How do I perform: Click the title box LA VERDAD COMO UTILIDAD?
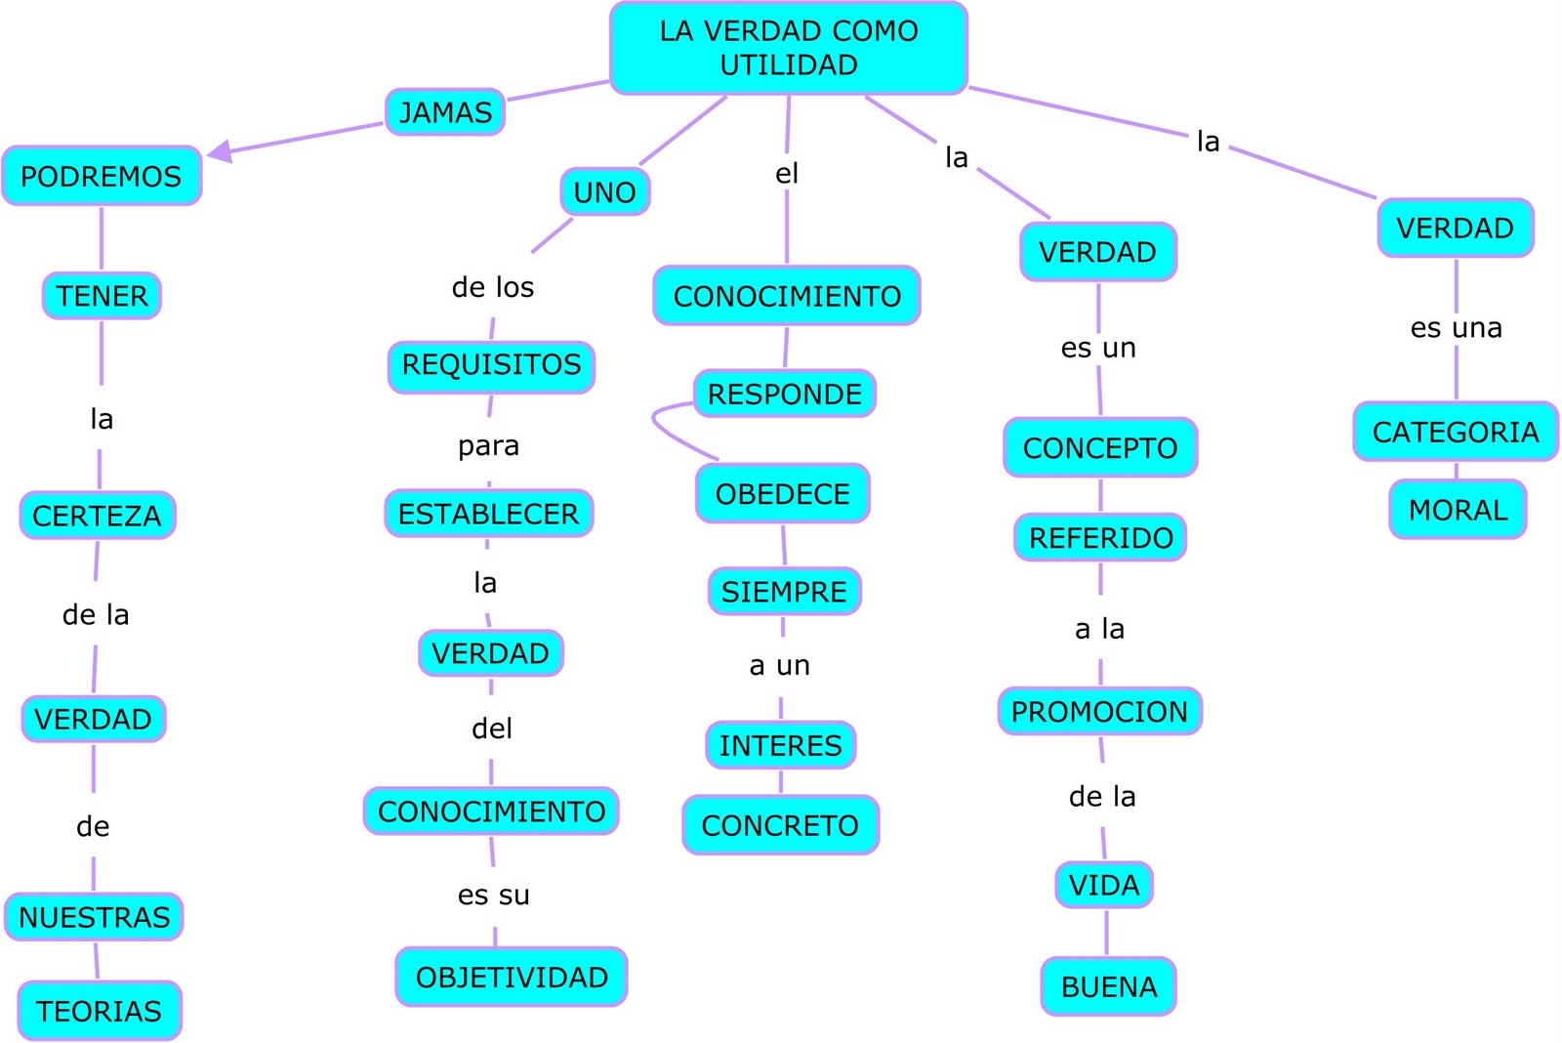(x=788, y=48)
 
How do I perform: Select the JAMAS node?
(x=445, y=112)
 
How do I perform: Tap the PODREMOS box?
(x=102, y=176)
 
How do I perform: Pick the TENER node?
(x=102, y=296)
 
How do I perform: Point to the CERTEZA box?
(x=97, y=516)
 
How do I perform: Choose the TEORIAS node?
(x=99, y=1011)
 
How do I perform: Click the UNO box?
(x=604, y=192)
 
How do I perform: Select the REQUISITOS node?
(x=491, y=365)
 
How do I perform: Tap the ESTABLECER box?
(x=488, y=514)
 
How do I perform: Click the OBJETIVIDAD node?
(x=512, y=977)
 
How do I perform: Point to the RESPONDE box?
(x=785, y=395)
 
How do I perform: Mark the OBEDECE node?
(x=783, y=494)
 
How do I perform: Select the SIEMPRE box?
(x=784, y=592)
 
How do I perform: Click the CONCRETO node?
(x=780, y=825)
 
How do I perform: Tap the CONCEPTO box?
(x=1100, y=448)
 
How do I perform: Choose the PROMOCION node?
(x=1099, y=712)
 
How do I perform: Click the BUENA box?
(x=1109, y=987)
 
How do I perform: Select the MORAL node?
(x=1458, y=510)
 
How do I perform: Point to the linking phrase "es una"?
(x=1456, y=328)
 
